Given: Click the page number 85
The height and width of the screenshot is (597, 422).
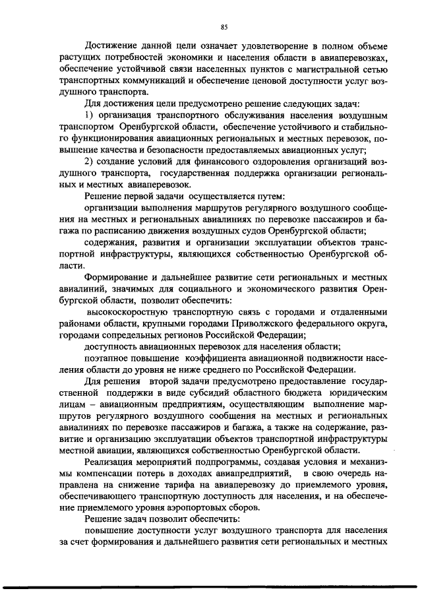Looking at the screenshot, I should pos(224,26).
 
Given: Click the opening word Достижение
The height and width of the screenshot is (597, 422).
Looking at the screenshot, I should pos(111,47).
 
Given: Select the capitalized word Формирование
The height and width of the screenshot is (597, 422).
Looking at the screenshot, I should pos(119,275).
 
